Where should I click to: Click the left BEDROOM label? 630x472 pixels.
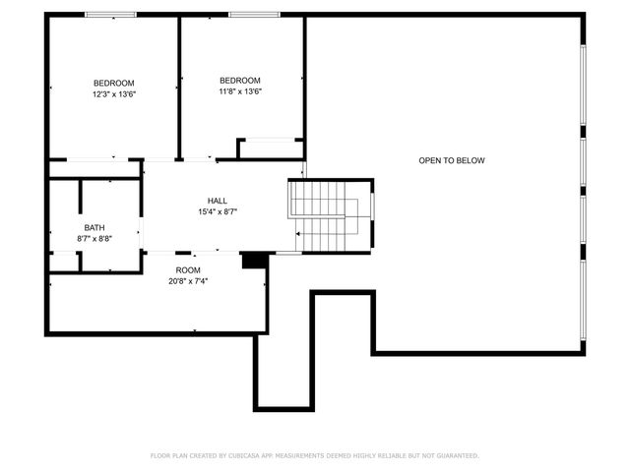114,83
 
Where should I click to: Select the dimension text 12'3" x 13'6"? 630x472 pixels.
114,94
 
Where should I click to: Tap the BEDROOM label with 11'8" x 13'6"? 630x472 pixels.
240,81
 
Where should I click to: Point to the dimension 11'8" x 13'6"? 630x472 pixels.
240,91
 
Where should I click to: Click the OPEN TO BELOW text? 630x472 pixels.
452,160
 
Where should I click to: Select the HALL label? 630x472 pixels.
218,201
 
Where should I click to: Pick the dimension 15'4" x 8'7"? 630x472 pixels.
218,211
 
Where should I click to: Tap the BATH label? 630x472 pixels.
94,228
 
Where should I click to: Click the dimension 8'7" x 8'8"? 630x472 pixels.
94,239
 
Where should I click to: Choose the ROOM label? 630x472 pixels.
188,269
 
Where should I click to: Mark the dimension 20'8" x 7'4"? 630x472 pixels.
188,280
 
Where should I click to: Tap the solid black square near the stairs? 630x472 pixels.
254,260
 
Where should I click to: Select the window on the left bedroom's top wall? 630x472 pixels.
110,15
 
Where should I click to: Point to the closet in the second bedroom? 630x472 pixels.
270,148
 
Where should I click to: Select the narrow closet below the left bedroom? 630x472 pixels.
94,169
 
